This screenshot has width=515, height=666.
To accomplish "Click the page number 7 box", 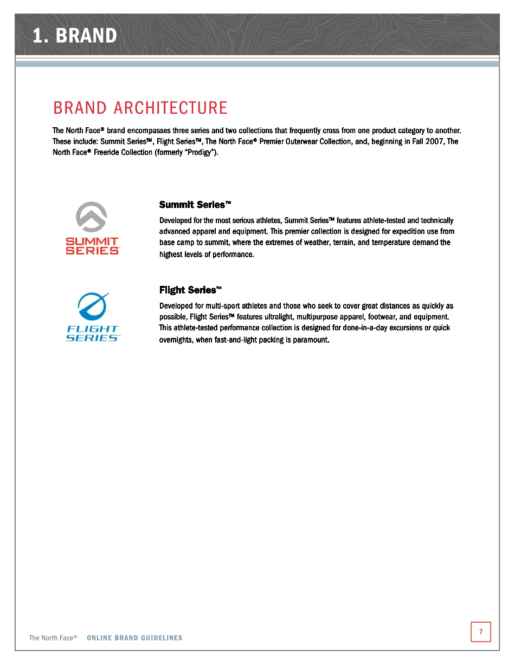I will pos(480,631).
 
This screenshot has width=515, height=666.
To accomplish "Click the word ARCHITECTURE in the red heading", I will pos(171,108).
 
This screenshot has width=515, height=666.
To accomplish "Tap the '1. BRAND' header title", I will pos(74,36).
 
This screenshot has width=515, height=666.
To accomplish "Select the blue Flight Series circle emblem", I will pos(92,306).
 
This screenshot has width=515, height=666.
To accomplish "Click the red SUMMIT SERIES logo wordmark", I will pos(92,245).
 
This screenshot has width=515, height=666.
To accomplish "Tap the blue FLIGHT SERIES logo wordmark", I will pos(92,333).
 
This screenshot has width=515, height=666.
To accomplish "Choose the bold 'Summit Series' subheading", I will pos(195,205).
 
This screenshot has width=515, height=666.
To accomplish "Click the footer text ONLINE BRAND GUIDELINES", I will pos(134,638).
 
